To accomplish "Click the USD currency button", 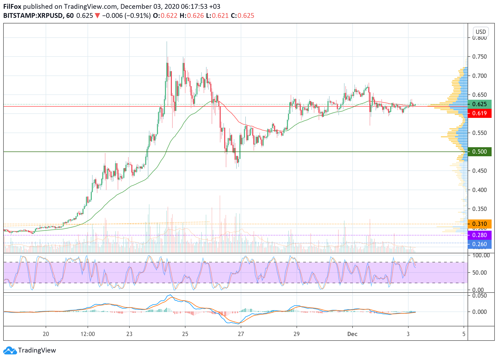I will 481,32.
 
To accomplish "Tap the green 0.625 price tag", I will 480,104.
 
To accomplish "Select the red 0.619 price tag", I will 480,113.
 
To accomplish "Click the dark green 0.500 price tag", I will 480,152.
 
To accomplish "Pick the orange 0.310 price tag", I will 480,224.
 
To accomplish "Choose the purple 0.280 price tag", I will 480,235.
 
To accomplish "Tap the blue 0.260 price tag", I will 480,244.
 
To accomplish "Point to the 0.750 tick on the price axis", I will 480,57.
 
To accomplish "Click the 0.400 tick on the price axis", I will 480,190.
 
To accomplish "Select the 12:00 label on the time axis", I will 88,334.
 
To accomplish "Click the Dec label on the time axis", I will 352,334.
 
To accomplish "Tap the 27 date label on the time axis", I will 241,334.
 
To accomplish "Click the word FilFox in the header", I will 12,7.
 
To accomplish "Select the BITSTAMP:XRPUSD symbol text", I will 33,16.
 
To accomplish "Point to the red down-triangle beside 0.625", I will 97,16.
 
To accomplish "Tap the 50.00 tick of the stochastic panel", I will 480,273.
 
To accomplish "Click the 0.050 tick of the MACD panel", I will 480,296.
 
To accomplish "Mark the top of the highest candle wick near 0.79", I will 167,42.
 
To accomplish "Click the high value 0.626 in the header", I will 195,16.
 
